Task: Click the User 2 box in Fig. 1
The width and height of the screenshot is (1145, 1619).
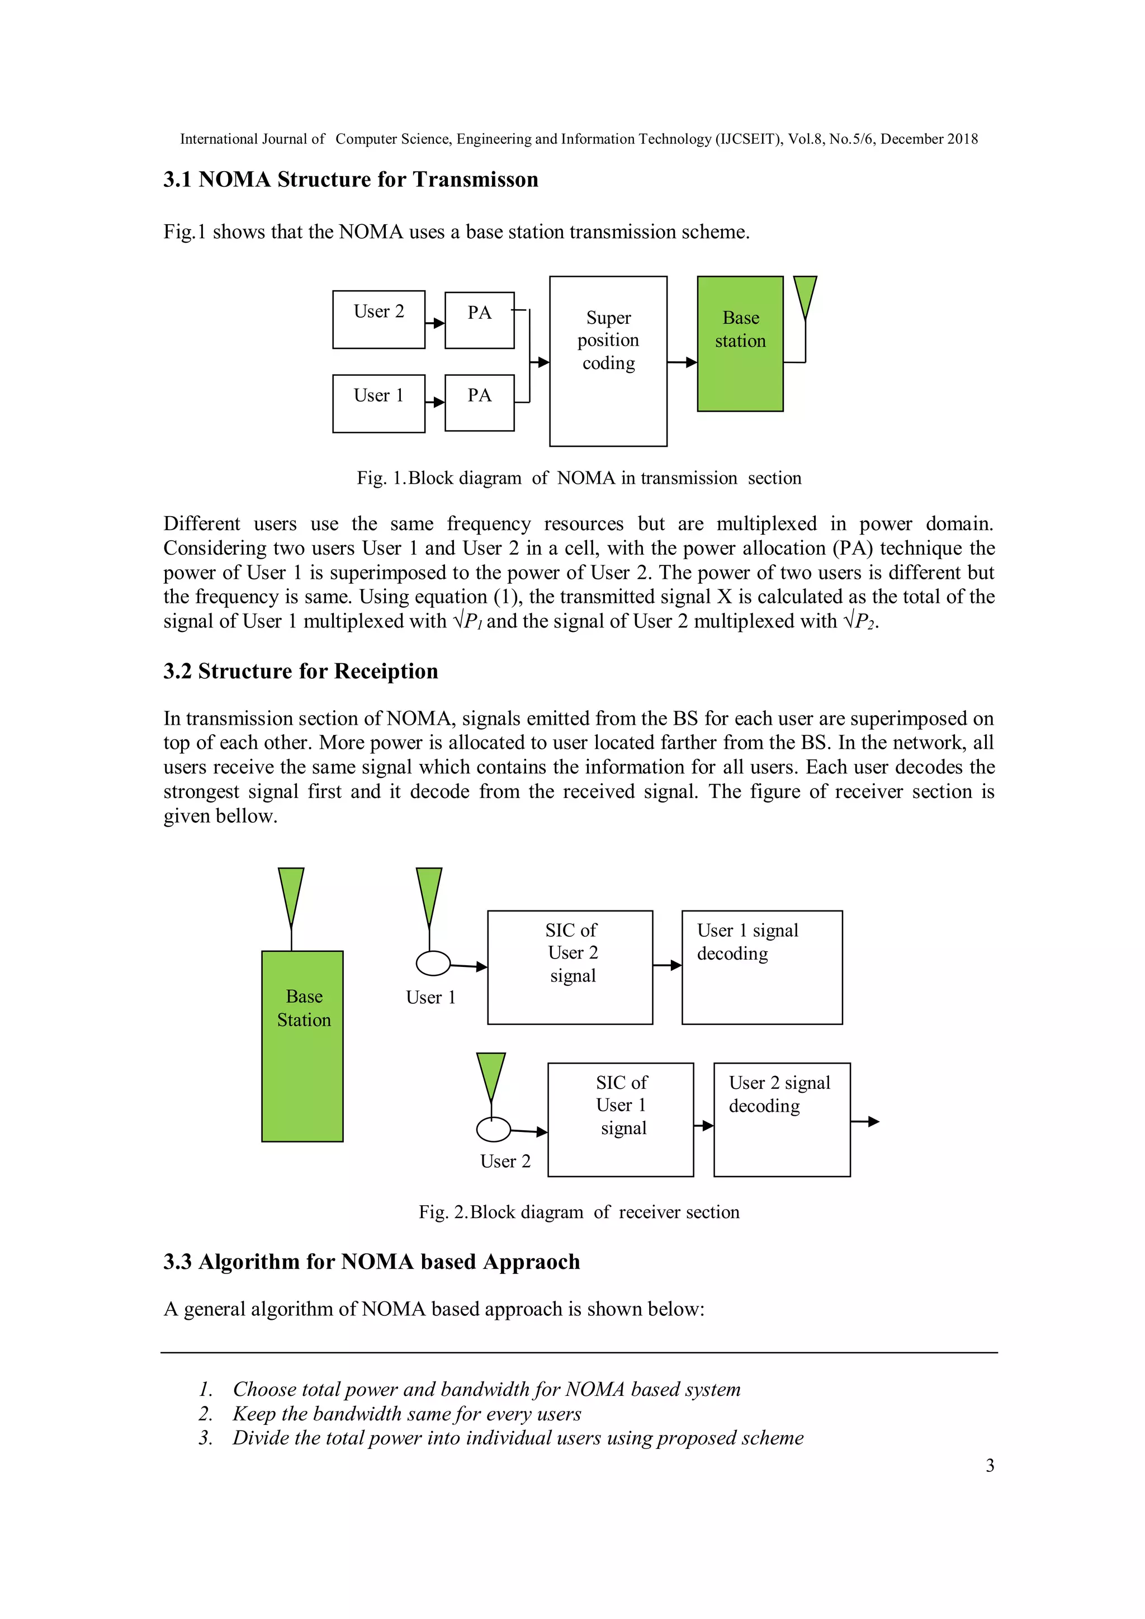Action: click(378, 319)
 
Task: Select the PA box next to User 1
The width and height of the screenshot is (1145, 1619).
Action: click(480, 402)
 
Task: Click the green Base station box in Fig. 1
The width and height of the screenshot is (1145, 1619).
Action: click(740, 343)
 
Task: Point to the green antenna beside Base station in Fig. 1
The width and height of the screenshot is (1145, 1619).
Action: click(805, 296)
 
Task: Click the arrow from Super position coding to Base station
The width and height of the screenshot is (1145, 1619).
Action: click(682, 362)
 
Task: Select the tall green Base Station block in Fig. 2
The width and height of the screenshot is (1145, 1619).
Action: click(302, 1046)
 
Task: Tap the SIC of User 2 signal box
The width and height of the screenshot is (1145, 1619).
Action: click(570, 967)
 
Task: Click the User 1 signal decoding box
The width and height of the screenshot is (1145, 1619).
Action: click(761, 967)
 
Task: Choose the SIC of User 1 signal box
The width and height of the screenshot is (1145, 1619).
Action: click(621, 1119)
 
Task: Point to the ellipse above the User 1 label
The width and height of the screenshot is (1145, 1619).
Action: click(433, 963)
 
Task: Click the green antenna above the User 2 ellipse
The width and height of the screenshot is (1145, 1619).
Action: click(491, 1075)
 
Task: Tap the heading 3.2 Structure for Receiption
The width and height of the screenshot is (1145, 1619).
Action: click(300, 671)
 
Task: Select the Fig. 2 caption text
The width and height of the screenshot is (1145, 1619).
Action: click(579, 1211)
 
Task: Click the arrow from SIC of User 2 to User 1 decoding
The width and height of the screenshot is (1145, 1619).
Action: click(667, 965)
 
